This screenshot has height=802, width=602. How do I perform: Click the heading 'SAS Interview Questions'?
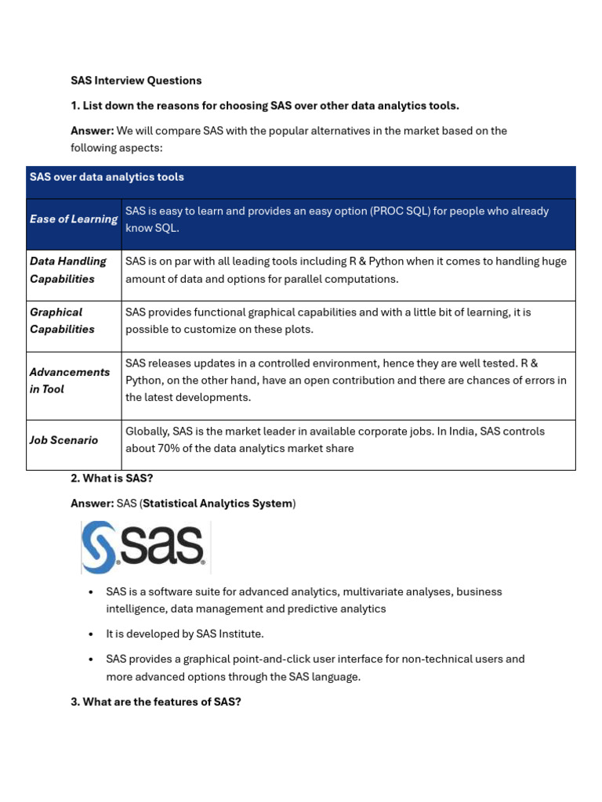(136, 81)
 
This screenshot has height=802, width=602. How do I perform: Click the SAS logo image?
(145, 547)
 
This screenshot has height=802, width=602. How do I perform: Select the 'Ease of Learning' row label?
(74, 219)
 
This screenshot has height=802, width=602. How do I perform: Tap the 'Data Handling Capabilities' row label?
(68, 270)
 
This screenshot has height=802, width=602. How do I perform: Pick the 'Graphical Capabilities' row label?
(62, 320)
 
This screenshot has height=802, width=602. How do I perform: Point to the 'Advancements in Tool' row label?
(70, 381)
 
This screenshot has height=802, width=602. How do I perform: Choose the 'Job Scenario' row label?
(64, 440)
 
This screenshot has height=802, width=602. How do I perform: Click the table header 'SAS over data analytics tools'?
(107, 177)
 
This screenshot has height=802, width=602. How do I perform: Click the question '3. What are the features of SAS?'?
(155, 702)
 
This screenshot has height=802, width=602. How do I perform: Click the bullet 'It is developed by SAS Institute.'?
(185, 634)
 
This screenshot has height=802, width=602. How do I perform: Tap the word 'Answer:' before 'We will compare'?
(92, 131)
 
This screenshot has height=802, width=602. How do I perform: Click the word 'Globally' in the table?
(147, 432)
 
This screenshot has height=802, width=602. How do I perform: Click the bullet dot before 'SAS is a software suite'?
(92, 592)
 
